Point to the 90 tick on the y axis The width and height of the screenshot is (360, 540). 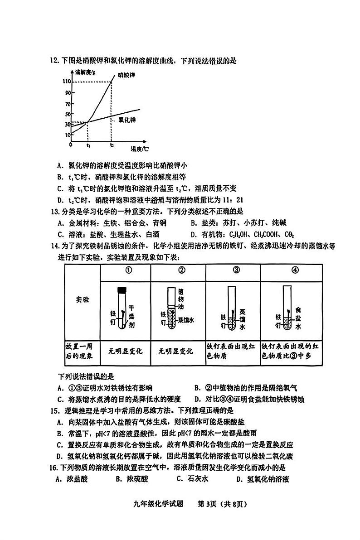point(68,93)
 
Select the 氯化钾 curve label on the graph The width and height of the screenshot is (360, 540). point(127,120)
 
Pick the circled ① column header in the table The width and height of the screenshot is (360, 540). point(128,270)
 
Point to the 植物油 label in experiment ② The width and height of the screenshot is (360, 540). point(182,298)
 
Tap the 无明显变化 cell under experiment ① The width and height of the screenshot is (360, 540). point(126,351)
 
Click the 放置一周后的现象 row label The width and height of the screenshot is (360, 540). point(82,351)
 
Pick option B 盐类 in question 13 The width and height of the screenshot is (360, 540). point(245,223)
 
